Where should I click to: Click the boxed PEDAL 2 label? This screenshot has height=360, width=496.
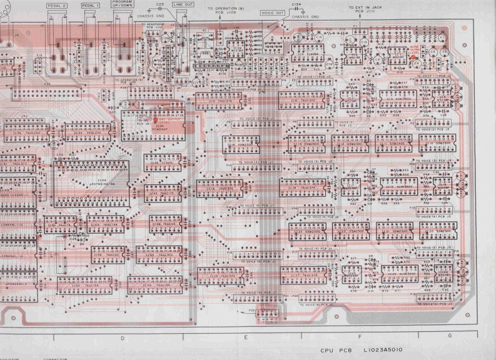58,4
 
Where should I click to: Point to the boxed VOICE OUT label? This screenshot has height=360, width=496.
272,12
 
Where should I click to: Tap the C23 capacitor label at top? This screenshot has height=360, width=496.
160,4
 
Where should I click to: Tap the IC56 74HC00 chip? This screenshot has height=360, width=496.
102,256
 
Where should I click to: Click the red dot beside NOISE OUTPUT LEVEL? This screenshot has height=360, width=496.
414,59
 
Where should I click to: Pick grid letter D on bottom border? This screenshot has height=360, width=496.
121,337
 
